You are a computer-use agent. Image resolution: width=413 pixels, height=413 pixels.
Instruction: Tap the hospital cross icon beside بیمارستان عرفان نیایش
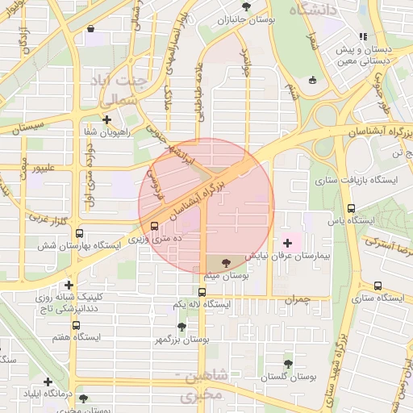pos(288,243)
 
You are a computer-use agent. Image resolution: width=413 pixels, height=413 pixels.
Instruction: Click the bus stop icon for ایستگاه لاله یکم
pos(202,292)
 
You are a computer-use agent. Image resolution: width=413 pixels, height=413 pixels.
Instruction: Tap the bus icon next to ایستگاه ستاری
pos(378,286)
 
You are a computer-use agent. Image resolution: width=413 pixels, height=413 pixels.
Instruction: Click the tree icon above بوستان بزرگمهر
pos(181,327)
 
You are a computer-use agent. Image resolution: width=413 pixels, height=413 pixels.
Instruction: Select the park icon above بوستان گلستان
pos(288,365)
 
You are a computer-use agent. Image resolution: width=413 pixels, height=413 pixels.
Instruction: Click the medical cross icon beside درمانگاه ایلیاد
pos(48,382)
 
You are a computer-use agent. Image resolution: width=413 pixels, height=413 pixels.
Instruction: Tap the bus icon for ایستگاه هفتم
pos(76,326)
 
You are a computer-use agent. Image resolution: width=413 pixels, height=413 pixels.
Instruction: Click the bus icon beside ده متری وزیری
pos(154,227)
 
